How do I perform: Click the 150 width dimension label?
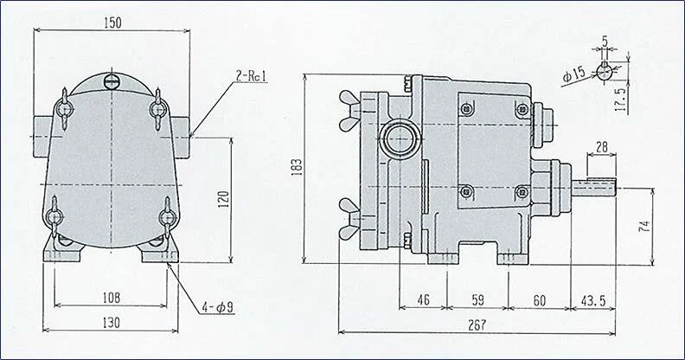(112, 22)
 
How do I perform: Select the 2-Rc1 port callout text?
(251, 76)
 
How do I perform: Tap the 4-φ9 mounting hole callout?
(218, 307)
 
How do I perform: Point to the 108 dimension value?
(112, 298)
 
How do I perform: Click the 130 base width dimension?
(111, 323)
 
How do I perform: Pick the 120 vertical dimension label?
(224, 199)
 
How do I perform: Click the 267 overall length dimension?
(477, 325)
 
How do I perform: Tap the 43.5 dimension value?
(592, 300)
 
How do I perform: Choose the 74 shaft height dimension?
(644, 226)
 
